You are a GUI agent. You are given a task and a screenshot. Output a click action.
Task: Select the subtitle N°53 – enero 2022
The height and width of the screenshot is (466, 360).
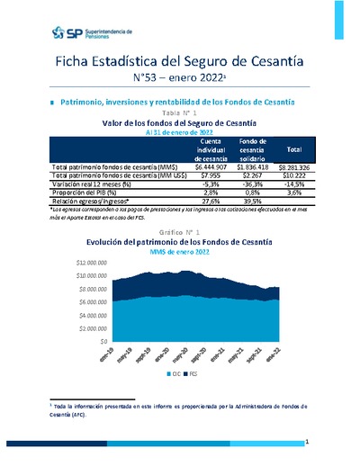[x=179, y=78]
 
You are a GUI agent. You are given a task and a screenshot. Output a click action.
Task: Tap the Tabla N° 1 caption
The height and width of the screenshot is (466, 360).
[x=179, y=112]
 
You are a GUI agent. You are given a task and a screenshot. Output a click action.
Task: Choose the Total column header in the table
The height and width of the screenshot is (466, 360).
[x=293, y=148]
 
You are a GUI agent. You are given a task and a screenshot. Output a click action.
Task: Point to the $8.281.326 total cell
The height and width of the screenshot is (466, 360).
[x=293, y=167]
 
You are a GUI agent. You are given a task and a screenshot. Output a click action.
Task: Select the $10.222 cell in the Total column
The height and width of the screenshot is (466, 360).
[x=293, y=175]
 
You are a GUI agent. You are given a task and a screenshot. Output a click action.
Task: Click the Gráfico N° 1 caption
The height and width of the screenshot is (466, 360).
[x=179, y=233]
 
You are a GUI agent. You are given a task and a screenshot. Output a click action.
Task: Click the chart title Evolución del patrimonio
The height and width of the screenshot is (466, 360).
[x=179, y=243]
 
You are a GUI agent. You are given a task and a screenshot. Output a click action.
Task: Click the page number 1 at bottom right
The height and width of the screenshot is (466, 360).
[x=307, y=443]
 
